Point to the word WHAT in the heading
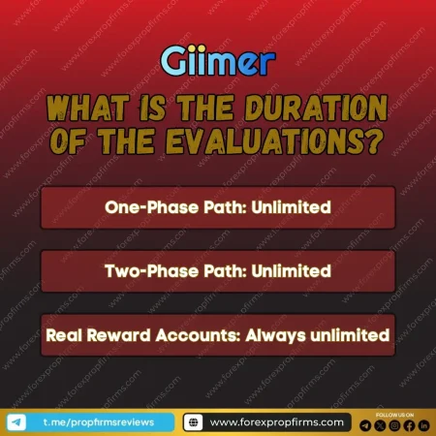91,104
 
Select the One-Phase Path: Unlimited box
218,207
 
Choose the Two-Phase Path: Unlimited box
218,271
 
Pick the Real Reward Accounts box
218,335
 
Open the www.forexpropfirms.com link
276,421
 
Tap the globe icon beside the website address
194,421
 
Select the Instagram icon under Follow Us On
394,424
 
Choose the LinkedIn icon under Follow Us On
423,424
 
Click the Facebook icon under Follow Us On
409,424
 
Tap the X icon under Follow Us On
380,424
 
